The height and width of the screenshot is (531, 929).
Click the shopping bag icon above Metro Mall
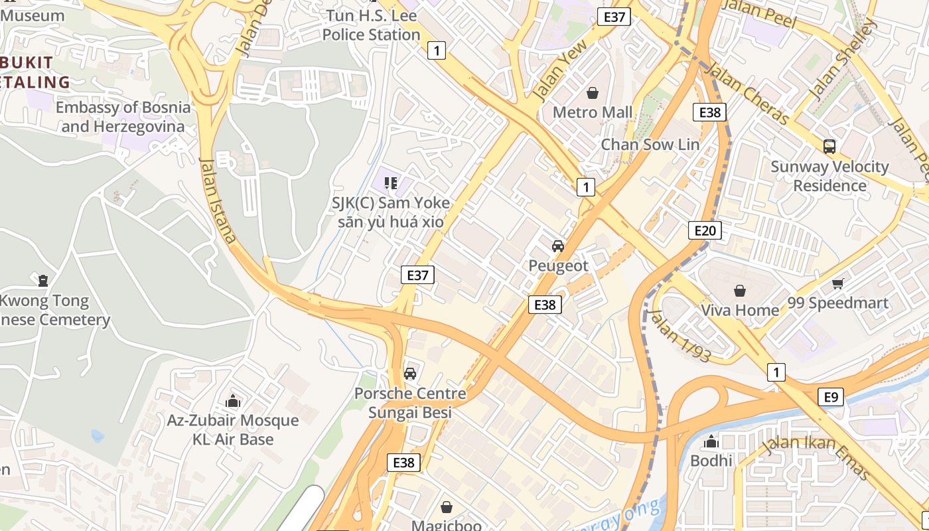coord(593,93)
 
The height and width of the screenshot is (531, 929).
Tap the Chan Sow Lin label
coord(650,144)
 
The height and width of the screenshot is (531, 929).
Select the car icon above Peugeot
coord(558,246)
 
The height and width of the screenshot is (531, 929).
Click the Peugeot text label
coord(558,265)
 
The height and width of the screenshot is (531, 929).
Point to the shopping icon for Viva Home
coord(739,291)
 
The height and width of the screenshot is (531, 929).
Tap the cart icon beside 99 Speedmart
coord(838,284)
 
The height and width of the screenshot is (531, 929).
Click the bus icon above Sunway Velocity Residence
coord(829,147)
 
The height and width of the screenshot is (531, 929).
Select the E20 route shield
coord(704,230)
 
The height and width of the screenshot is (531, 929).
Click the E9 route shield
coord(831,397)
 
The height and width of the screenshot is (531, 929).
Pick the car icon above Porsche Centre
coord(410,374)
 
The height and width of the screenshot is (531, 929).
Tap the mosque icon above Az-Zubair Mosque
coord(232,401)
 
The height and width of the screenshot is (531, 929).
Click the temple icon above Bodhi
coord(711,441)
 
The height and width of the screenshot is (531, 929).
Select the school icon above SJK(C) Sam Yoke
coord(391,183)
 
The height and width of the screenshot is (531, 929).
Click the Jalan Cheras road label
coord(747,94)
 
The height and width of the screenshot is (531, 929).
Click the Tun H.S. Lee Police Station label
coord(372,25)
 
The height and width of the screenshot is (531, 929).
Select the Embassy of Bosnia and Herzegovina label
coord(123,117)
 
